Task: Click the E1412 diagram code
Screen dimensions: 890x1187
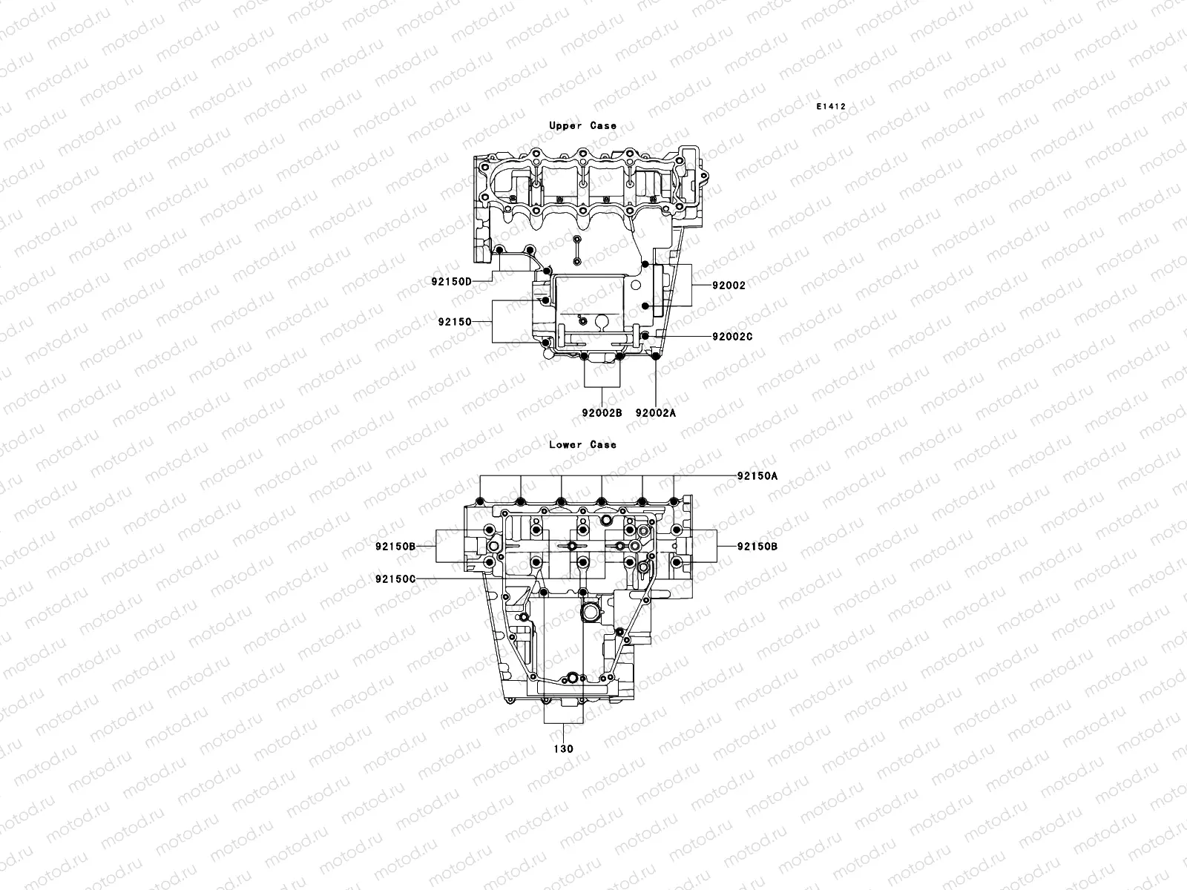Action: (x=831, y=107)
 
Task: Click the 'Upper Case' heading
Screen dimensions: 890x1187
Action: (x=582, y=126)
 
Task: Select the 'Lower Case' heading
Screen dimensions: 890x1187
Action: (x=582, y=445)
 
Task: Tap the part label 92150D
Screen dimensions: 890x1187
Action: (x=451, y=282)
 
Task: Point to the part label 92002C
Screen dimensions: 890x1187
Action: (x=732, y=337)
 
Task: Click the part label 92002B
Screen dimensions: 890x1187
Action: (x=602, y=413)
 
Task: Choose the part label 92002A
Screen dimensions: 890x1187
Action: (x=656, y=413)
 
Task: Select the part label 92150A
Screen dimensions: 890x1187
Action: (x=757, y=476)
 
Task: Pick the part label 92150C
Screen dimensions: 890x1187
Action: (x=395, y=578)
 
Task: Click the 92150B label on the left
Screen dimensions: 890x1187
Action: (x=395, y=546)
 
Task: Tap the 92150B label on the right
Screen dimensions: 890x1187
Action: (x=757, y=546)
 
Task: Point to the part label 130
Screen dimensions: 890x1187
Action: (x=564, y=749)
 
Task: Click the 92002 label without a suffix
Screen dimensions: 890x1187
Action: (x=729, y=286)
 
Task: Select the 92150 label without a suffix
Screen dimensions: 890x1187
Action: (x=455, y=322)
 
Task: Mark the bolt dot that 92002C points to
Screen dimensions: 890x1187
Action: (x=645, y=337)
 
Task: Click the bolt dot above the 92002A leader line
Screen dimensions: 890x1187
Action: (x=655, y=360)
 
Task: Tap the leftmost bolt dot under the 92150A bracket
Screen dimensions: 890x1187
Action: (x=481, y=502)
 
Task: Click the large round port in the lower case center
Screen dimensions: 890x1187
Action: (x=590, y=613)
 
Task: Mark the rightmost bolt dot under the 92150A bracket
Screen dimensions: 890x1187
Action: (x=674, y=501)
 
